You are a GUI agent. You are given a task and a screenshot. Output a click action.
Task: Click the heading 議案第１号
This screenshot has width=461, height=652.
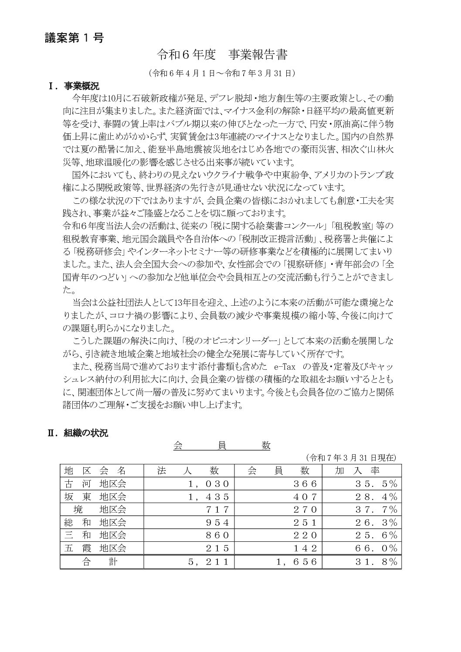tap(75, 38)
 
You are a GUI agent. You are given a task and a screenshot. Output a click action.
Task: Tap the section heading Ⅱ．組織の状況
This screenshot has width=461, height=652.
tap(78, 433)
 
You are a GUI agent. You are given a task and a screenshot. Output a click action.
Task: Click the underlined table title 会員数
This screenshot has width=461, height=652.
tap(222, 446)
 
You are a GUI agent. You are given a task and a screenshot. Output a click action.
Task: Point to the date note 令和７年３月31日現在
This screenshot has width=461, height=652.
tap(351, 457)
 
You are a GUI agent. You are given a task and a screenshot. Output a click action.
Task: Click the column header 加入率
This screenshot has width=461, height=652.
tap(357, 470)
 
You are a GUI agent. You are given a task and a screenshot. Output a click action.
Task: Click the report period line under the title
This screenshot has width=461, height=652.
tap(222, 73)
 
